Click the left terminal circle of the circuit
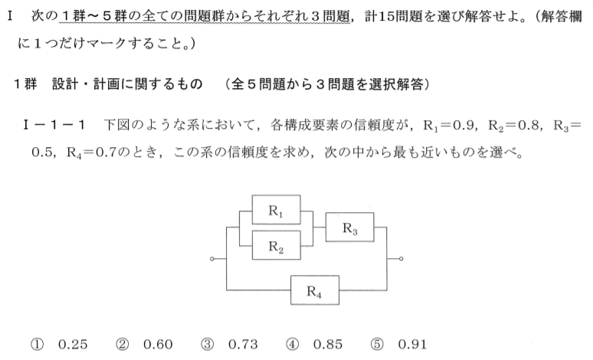[x=212, y=259]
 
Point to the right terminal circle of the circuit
[x=401, y=259]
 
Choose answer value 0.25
[x=73, y=345]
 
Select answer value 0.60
[x=158, y=345]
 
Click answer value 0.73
[x=243, y=345]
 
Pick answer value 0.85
[x=328, y=345]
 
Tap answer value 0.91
[x=413, y=345]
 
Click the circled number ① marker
[x=37, y=345]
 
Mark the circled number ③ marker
[x=208, y=345]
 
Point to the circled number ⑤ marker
[x=377, y=345]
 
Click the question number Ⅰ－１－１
[x=54, y=125]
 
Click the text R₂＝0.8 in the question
[x=514, y=125]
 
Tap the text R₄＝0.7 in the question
[x=92, y=152]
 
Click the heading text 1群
[x=26, y=83]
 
